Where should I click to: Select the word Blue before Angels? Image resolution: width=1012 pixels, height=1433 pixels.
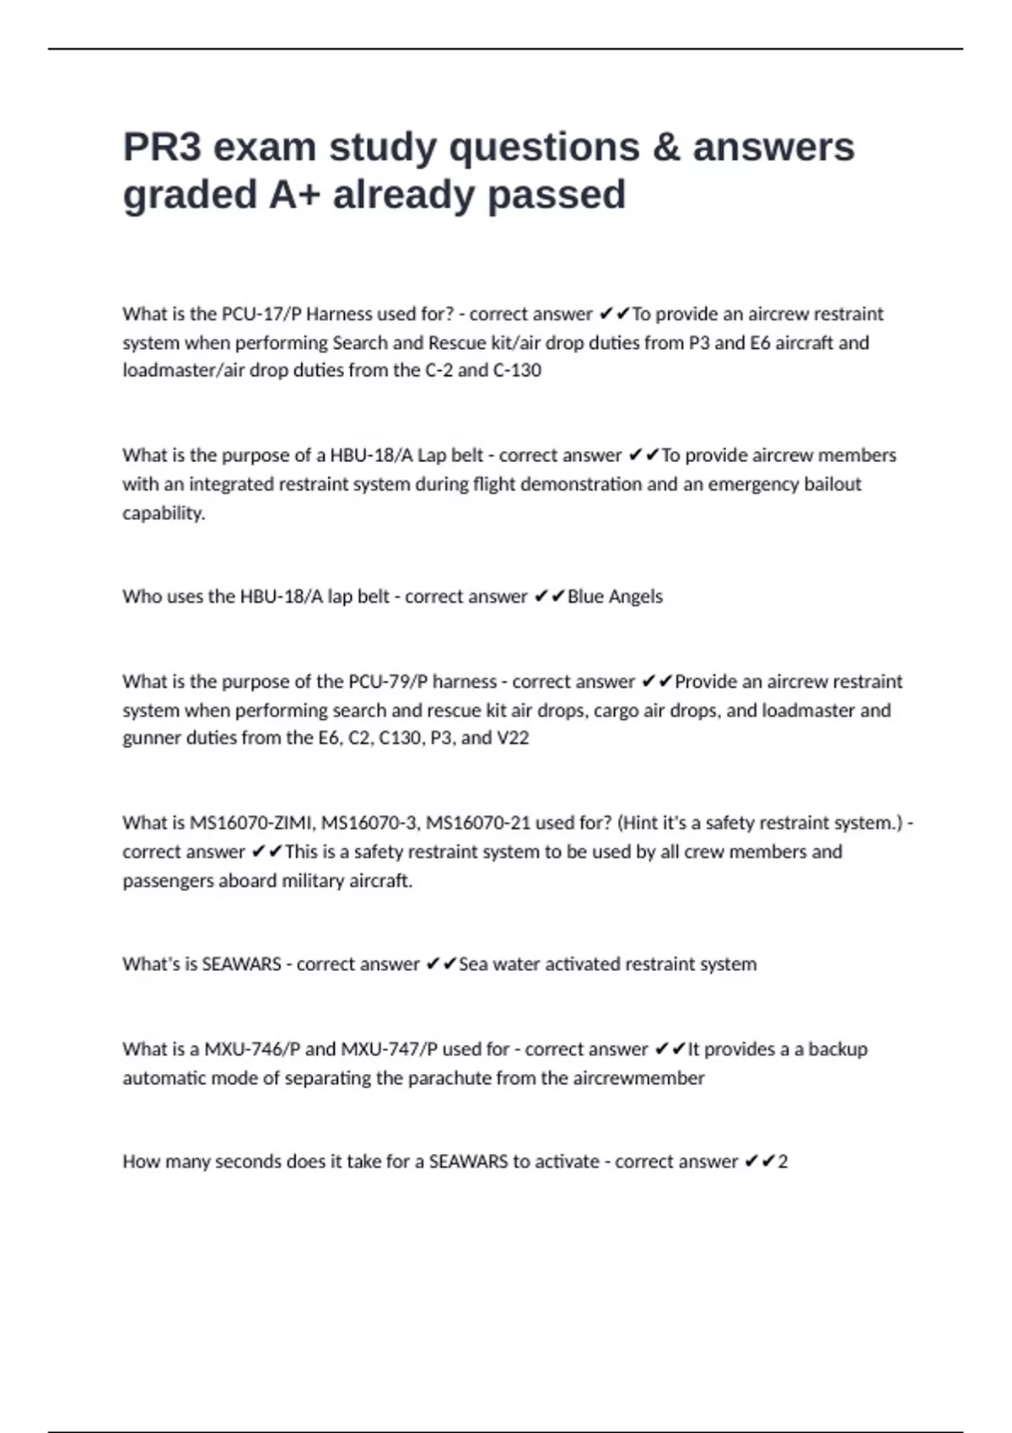(x=585, y=597)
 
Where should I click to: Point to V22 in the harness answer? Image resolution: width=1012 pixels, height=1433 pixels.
(x=513, y=738)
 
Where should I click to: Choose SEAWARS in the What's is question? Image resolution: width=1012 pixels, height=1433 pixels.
(x=241, y=964)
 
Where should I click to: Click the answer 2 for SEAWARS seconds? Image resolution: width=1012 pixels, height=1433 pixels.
(x=783, y=1162)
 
